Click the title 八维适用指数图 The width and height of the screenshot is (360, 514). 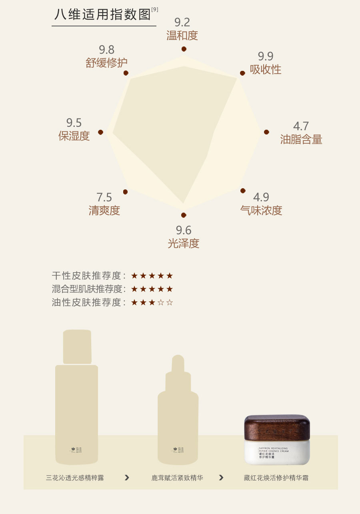point(103,14)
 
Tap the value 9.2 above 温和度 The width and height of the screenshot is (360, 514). point(182,22)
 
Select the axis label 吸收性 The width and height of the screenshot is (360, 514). point(266,70)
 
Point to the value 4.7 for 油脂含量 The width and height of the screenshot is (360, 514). point(301,126)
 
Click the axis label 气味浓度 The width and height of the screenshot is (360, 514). point(261,211)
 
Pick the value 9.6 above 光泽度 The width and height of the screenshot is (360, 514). point(184,230)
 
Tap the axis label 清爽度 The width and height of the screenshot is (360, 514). point(104,211)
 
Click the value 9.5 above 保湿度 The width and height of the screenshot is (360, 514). point(74,122)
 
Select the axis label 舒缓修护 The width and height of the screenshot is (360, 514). point(106,63)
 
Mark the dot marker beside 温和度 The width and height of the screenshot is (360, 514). point(184,49)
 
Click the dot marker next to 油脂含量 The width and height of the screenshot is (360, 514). point(266,132)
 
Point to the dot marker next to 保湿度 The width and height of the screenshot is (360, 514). point(101,132)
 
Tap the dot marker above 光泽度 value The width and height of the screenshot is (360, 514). point(184,215)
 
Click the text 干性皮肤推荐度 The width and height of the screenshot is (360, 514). point(86,276)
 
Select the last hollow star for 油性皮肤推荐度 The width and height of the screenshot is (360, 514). point(170,303)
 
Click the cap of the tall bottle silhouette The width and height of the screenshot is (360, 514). point(77,347)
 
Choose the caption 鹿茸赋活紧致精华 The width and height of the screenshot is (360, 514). point(177,478)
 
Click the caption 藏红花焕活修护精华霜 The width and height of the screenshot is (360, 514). point(276,478)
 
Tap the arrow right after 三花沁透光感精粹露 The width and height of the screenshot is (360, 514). point(127,478)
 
